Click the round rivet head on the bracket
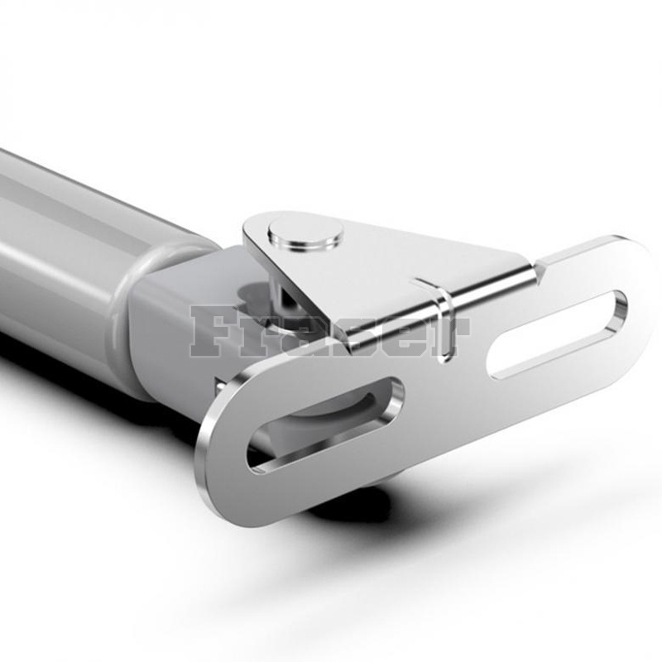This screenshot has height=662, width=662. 305,234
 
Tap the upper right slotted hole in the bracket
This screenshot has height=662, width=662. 557,333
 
